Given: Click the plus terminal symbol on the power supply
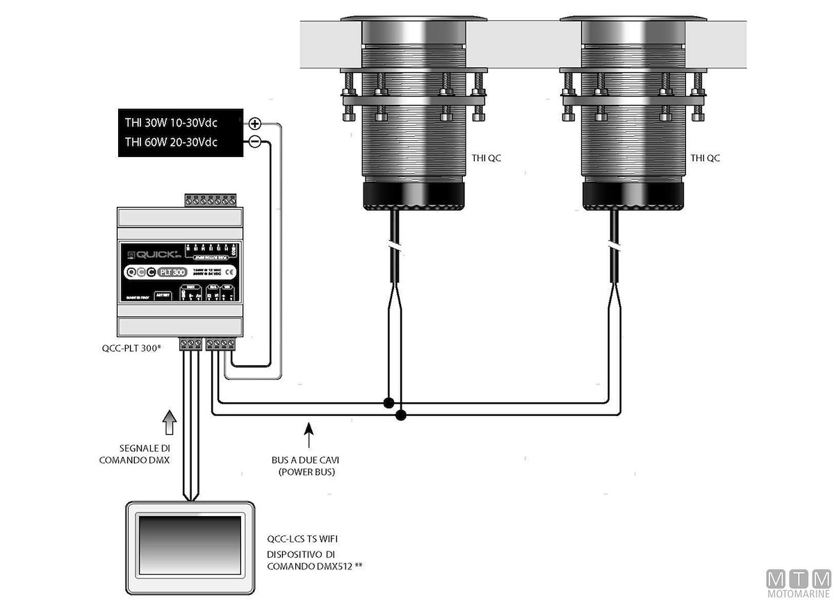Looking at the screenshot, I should point(255,124).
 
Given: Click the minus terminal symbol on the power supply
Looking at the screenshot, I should point(255,142).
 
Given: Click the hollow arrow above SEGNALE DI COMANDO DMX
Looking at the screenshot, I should point(167,422).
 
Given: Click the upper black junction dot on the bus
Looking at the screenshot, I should point(389,403).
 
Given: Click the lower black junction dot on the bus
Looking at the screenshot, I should point(400,415).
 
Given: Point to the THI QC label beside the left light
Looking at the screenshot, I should point(485,158).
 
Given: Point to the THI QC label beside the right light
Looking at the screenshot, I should point(705,158).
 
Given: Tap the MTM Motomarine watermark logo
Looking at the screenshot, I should point(799,582).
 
